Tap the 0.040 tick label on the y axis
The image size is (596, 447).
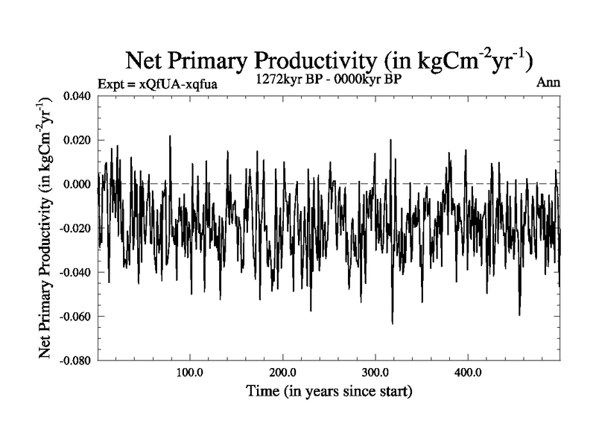click(77, 96)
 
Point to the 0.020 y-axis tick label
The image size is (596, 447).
click(77, 140)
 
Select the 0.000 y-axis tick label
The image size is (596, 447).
click(77, 184)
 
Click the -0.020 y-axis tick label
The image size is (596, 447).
click(76, 228)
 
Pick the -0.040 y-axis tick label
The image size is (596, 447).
click(76, 272)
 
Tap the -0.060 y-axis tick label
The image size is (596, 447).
click(76, 316)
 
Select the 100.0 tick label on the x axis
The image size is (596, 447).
click(190, 372)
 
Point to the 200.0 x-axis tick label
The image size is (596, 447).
click(282, 372)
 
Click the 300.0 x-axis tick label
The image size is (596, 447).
click(375, 372)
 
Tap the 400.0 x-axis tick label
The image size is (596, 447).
click(467, 372)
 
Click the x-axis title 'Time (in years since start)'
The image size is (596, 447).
click(329, 390)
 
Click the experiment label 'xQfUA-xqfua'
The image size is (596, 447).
click(178, 84)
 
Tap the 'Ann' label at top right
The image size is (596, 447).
click(548, 83)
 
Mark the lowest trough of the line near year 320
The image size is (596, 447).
click(392, 323)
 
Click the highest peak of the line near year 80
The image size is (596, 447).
click(170, 136)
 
